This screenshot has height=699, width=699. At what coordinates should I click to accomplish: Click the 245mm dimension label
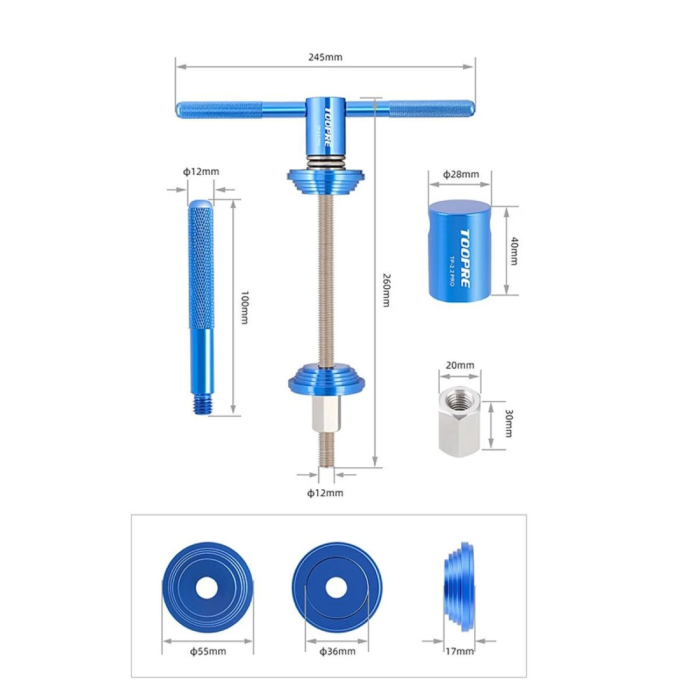(325, 57)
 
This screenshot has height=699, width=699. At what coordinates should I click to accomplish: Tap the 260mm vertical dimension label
(386, 290)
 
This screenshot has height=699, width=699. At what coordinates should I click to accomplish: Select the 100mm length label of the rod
(244, 307)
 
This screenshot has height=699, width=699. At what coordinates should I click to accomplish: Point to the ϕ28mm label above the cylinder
(461, 174)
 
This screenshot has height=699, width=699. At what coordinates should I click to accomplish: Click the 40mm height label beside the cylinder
(513, 251)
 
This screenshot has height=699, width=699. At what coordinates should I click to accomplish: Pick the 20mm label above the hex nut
(460, 365)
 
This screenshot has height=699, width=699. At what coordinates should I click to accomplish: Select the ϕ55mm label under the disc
(208, 651)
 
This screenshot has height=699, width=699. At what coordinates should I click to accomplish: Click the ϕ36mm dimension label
(337, 651)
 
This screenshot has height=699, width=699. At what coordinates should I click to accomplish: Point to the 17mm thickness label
(460, 651)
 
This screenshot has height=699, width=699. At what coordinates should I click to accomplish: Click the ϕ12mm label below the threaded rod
(325, 493)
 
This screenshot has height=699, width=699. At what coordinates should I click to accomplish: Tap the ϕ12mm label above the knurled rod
(201, 172)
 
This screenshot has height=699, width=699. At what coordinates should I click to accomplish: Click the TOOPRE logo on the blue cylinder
(464, 258)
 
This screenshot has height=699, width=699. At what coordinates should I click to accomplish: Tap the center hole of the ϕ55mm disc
(207, 588)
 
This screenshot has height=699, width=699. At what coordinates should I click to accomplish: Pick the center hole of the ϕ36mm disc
(337, 588)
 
